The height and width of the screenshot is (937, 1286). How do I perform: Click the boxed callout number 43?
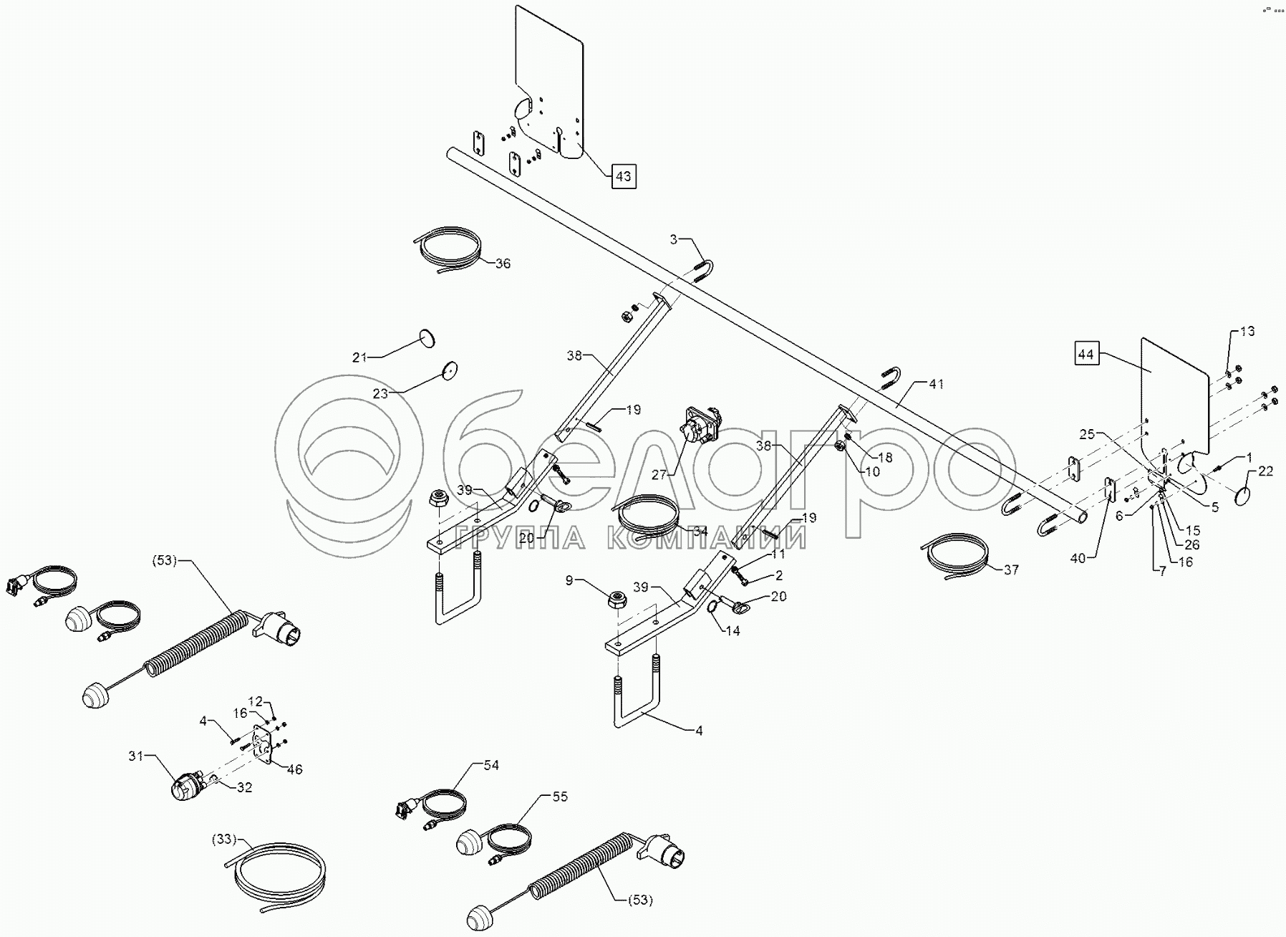coord(624,176)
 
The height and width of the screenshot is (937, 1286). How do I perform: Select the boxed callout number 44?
coord(1087,354)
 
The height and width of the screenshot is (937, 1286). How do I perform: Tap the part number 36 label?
coord(503,264)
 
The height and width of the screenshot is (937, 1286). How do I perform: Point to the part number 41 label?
coord(937,385)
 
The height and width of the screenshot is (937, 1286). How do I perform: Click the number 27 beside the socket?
coord(659,474)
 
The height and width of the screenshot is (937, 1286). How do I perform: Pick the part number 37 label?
coord(1011,570)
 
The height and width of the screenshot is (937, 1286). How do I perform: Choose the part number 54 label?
coord(490,765)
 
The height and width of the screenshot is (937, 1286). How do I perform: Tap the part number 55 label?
coord(559,797)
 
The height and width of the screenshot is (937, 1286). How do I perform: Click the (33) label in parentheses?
coord(224,838)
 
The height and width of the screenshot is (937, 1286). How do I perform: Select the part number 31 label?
coord(136,756)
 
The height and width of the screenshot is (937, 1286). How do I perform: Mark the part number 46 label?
coord(294,769)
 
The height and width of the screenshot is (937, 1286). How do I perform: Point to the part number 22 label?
coord(1266,471)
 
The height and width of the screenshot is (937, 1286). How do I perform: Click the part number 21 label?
coord(359,357)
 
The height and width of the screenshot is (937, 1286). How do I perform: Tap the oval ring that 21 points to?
coord(427,337)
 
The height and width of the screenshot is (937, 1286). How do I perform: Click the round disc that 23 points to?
coord(450,370)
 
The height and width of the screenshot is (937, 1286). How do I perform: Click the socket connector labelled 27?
coord(698,428)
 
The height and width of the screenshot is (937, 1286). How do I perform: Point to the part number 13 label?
coord(1247,332)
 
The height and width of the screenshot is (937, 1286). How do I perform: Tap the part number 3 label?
coord(673,239)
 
